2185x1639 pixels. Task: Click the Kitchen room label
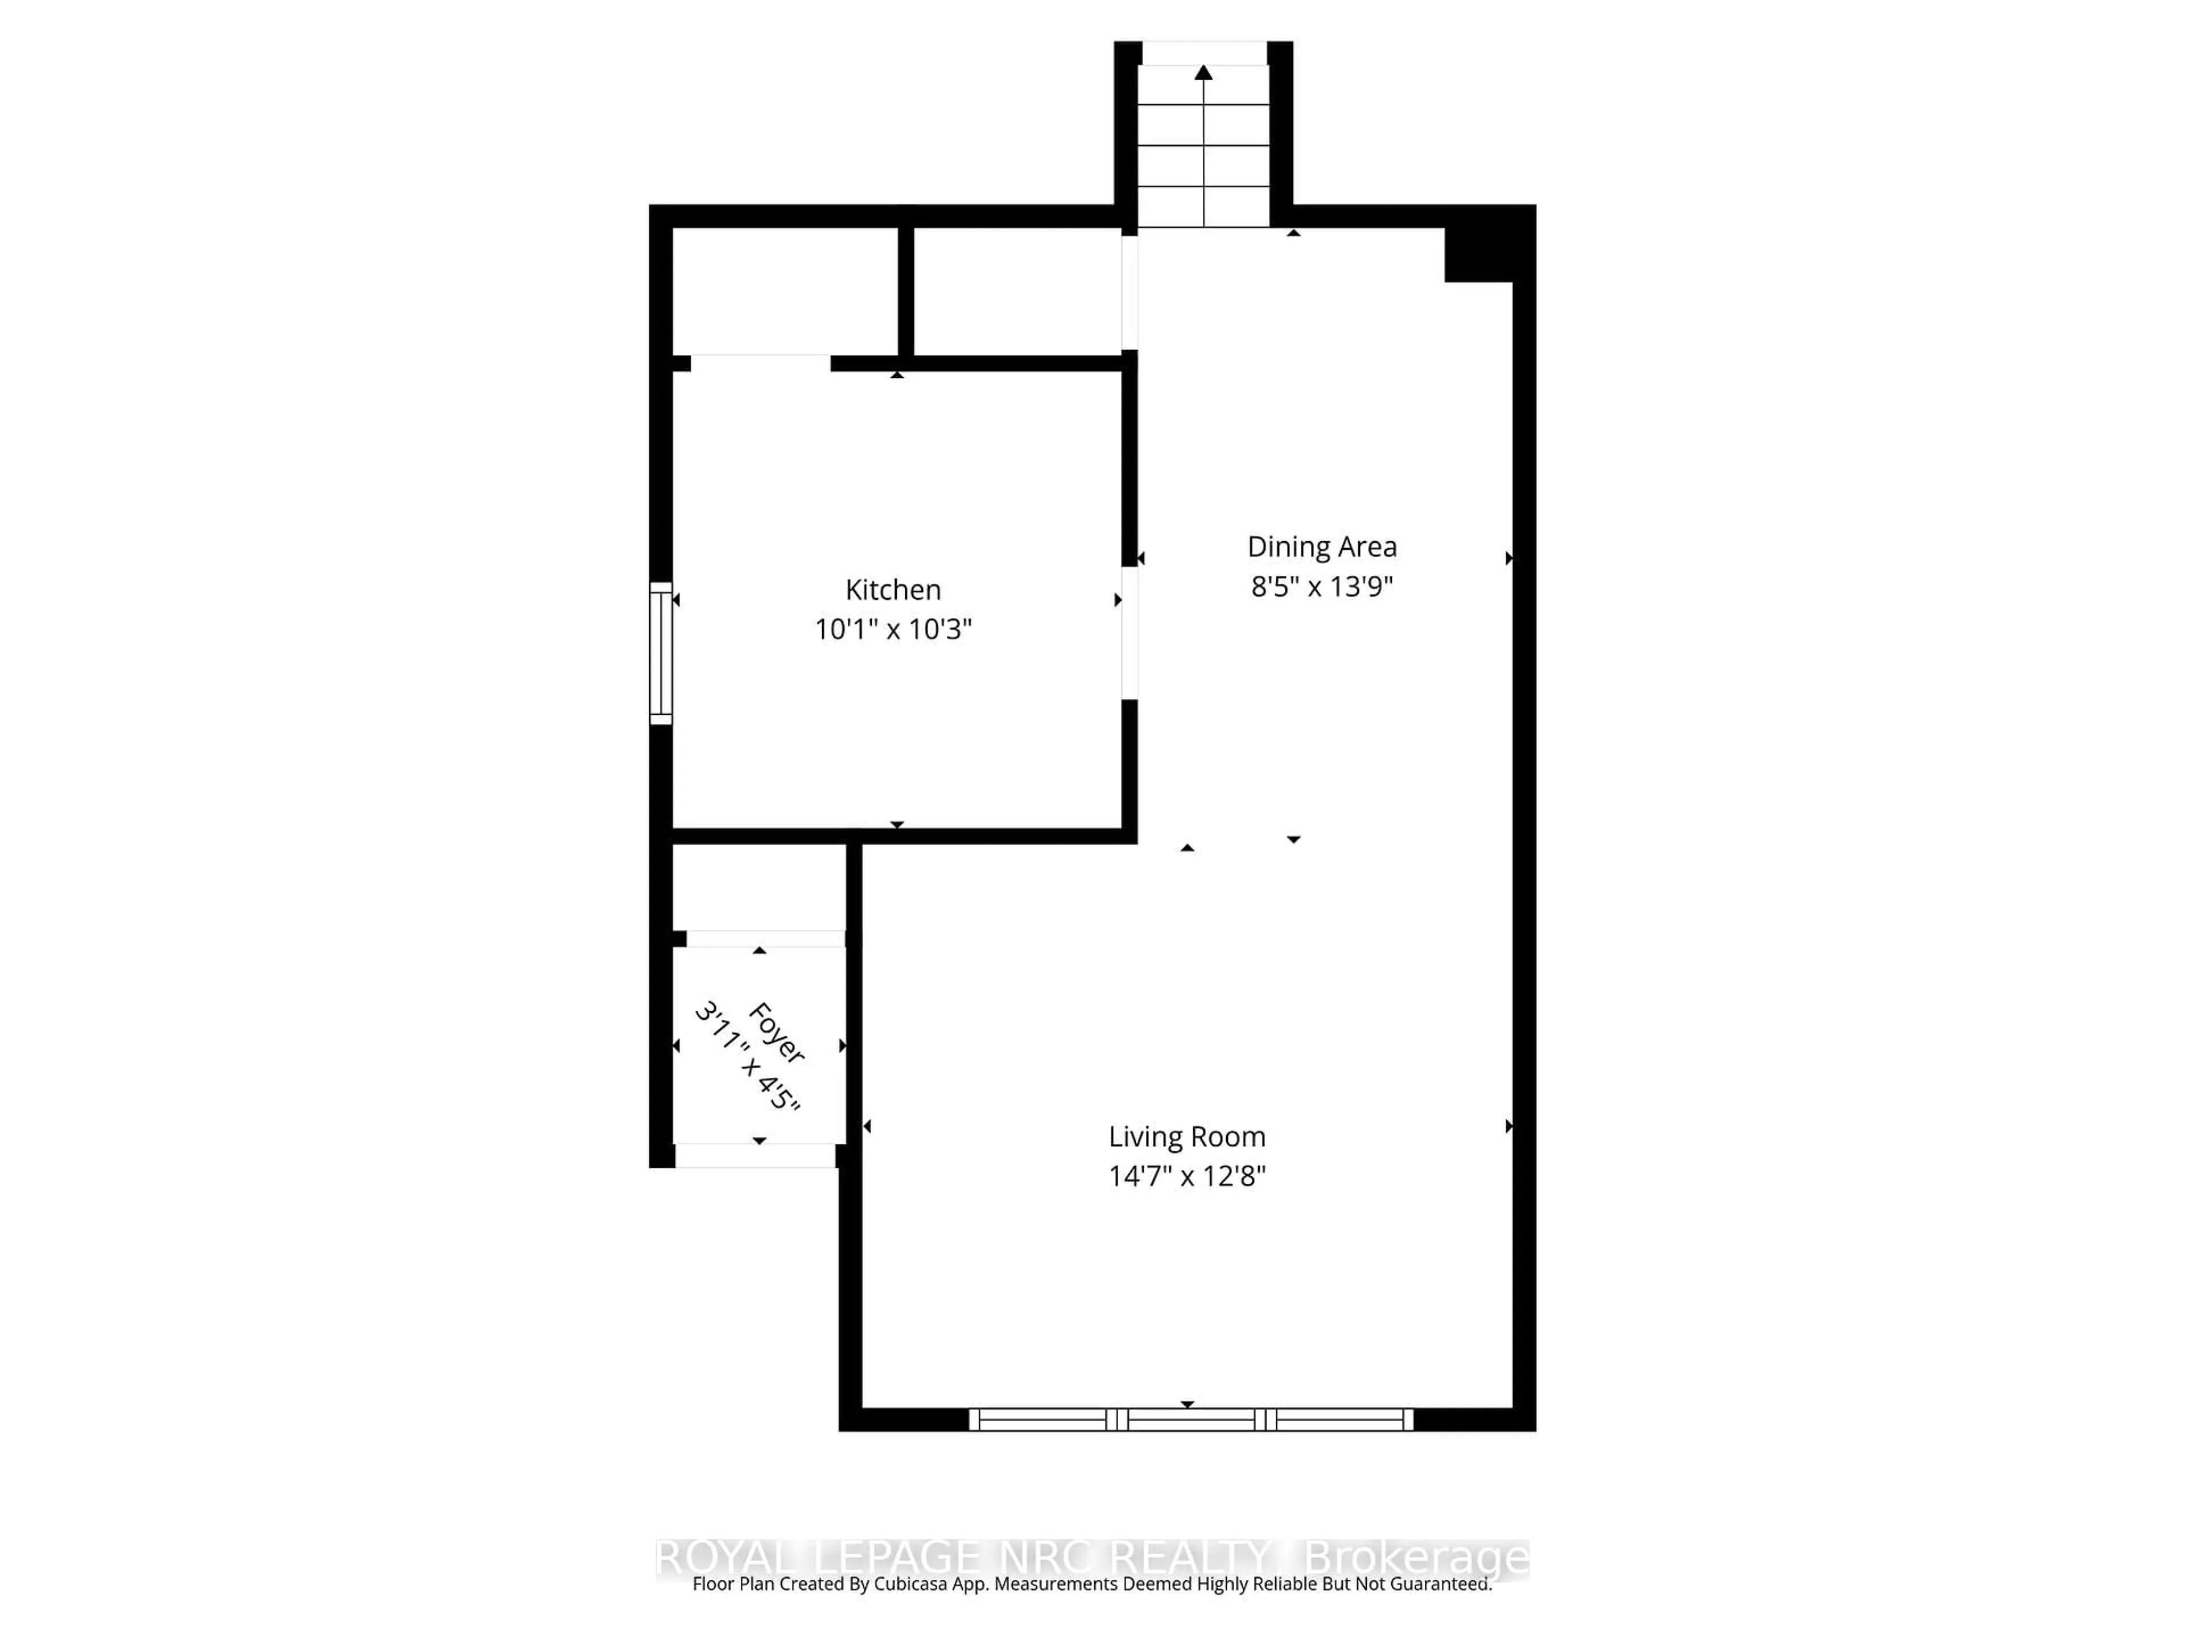[892, 590]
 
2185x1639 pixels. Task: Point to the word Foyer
[776, 1032]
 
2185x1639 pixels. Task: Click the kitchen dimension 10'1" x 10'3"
[892, 629]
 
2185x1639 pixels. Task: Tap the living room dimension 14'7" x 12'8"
[1186, 1177]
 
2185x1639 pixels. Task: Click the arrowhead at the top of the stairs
[1203, 72]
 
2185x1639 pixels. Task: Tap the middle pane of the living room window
[1192, 1420]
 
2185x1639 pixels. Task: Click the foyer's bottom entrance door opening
[756, 1155]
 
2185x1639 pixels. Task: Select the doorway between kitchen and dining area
[1129, 632]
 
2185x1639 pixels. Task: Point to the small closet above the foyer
[758, 886]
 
